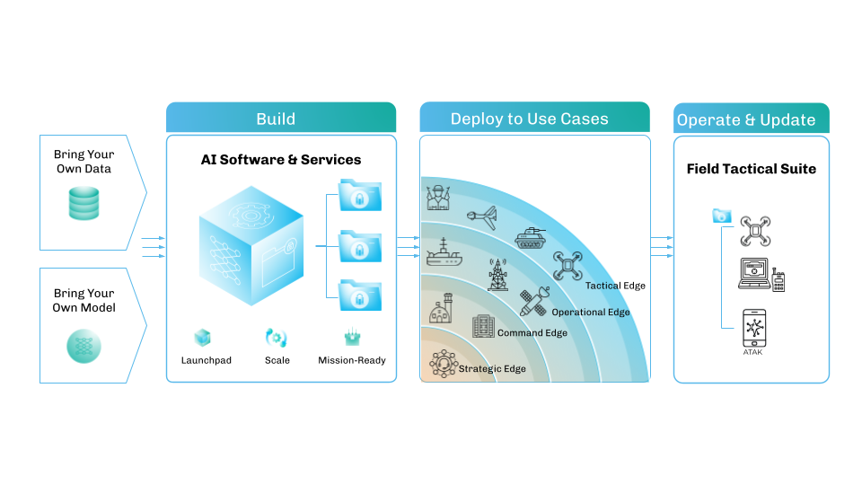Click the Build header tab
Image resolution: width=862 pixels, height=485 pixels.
(280, 119)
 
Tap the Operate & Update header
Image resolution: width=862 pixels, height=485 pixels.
(751, 119)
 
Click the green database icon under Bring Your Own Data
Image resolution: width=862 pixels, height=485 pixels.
(84, 203)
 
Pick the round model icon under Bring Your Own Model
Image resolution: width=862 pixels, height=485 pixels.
(84, 345)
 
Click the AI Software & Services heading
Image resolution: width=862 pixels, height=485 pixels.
(280, 160)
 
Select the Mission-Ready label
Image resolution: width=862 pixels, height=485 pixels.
(352, 360)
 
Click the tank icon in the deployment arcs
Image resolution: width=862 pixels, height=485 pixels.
(530, 236)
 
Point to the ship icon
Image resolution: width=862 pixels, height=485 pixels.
(444, 253)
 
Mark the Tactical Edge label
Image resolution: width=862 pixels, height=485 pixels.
(615, 286)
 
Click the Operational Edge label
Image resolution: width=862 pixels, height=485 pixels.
(591, 312)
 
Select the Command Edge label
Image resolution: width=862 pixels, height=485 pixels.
(532, 333)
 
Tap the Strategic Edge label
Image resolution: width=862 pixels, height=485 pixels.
(492, 368)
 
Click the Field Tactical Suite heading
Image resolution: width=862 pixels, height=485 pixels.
(751, 169)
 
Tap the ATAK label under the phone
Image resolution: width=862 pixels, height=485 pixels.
(754, 352)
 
